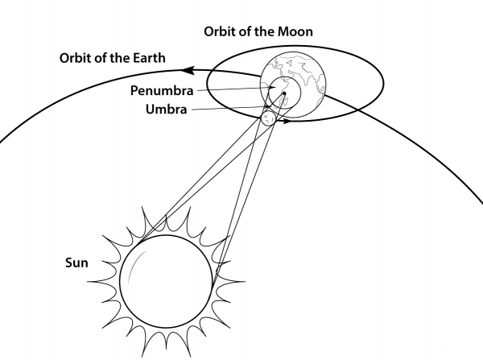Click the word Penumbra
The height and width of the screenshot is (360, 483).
162,91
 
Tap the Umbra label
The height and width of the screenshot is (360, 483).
167,110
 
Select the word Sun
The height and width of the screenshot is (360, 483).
76,263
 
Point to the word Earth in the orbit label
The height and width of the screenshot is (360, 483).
149,58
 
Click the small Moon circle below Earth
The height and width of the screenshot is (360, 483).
268,118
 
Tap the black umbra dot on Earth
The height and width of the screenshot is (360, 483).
284,93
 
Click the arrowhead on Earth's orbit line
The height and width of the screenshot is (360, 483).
188,70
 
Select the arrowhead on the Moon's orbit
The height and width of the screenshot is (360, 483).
287,121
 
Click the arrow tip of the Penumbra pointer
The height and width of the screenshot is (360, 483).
275,88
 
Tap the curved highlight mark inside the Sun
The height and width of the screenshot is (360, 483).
135,267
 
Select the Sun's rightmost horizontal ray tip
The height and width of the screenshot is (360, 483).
245,281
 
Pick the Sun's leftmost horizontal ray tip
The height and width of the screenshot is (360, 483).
88,281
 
